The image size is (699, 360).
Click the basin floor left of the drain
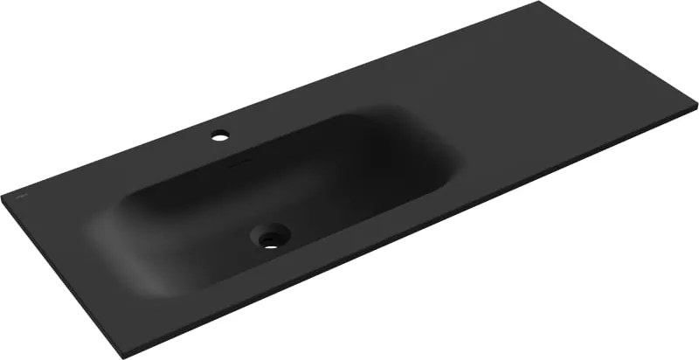pos(201,236)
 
